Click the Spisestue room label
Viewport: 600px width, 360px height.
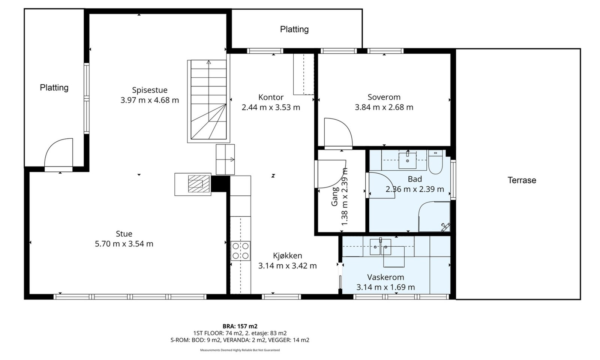coord(150,90)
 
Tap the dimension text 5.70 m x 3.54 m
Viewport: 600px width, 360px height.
coord(124,244)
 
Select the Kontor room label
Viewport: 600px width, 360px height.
coord(271,97)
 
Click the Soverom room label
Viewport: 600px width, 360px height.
coord(384,97)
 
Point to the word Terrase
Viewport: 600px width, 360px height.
coord(522,180)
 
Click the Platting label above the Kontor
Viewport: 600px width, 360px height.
coord(294,29)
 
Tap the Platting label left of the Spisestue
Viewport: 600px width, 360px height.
coord(54,88)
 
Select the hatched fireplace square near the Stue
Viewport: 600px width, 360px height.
coord(195,184)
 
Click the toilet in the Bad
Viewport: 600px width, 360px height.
coord(435,163)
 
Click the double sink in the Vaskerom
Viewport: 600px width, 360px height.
coord(380,247)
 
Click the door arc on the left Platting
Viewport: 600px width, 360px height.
coord(58,154)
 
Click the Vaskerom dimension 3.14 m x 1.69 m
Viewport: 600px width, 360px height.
coord(385,287)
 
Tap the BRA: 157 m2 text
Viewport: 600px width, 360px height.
coord(240,326)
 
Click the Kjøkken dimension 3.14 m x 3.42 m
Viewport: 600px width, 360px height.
coord(287,266)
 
